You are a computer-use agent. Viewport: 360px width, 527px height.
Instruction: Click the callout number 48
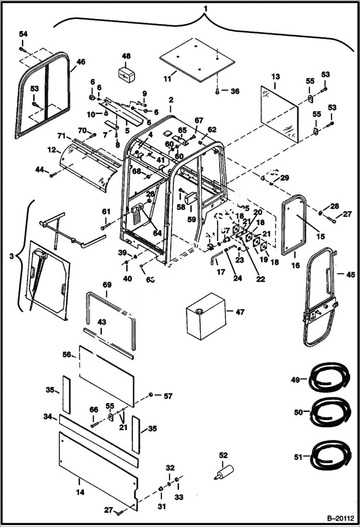(x=126, y=56)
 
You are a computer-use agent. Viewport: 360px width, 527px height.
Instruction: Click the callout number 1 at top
(x=206, y=9)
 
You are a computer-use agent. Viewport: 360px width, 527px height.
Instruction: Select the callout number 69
(x=106, y=285)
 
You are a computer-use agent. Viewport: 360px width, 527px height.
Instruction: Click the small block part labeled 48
(x=126, y=75)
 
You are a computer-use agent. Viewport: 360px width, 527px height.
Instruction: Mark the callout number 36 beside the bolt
(x=235, y=91)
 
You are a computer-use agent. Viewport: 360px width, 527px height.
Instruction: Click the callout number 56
(x=66, y=354)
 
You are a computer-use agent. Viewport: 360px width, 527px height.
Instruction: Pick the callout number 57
(x=167, y=396)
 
